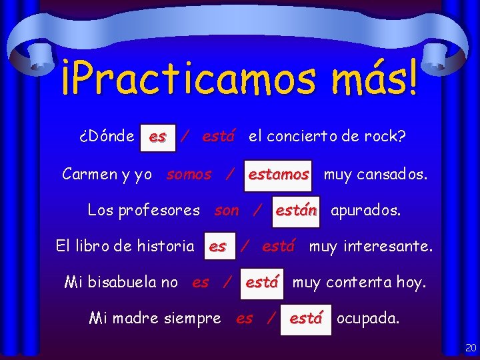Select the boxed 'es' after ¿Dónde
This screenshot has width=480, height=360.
point(158,137)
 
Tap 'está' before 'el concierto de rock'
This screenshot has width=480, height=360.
point(218,137)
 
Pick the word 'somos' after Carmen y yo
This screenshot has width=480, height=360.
point(189,175)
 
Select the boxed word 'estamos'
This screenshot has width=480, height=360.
point(279,175)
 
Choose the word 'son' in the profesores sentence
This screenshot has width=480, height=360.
point(227,211)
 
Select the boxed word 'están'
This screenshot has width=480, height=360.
point(296,211)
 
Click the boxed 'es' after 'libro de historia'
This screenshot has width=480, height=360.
point(217,247)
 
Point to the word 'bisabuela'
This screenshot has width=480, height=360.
point(130,282)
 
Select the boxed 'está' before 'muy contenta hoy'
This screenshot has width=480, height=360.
point(261,282)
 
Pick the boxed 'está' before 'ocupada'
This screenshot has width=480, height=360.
point(306,319)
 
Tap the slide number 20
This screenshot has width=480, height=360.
point(471,348)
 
